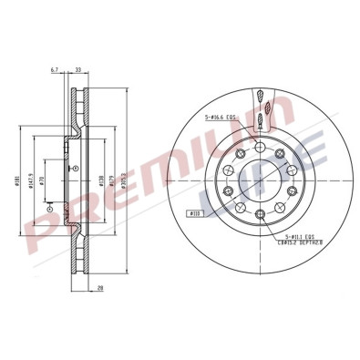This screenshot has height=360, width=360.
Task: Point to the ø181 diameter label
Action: [x=19, y=180]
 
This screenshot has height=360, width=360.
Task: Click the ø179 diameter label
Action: [x=111, y=180]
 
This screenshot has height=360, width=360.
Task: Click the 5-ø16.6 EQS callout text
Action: [x=221, y=117]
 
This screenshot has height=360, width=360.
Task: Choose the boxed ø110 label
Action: [x=194, y=213]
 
